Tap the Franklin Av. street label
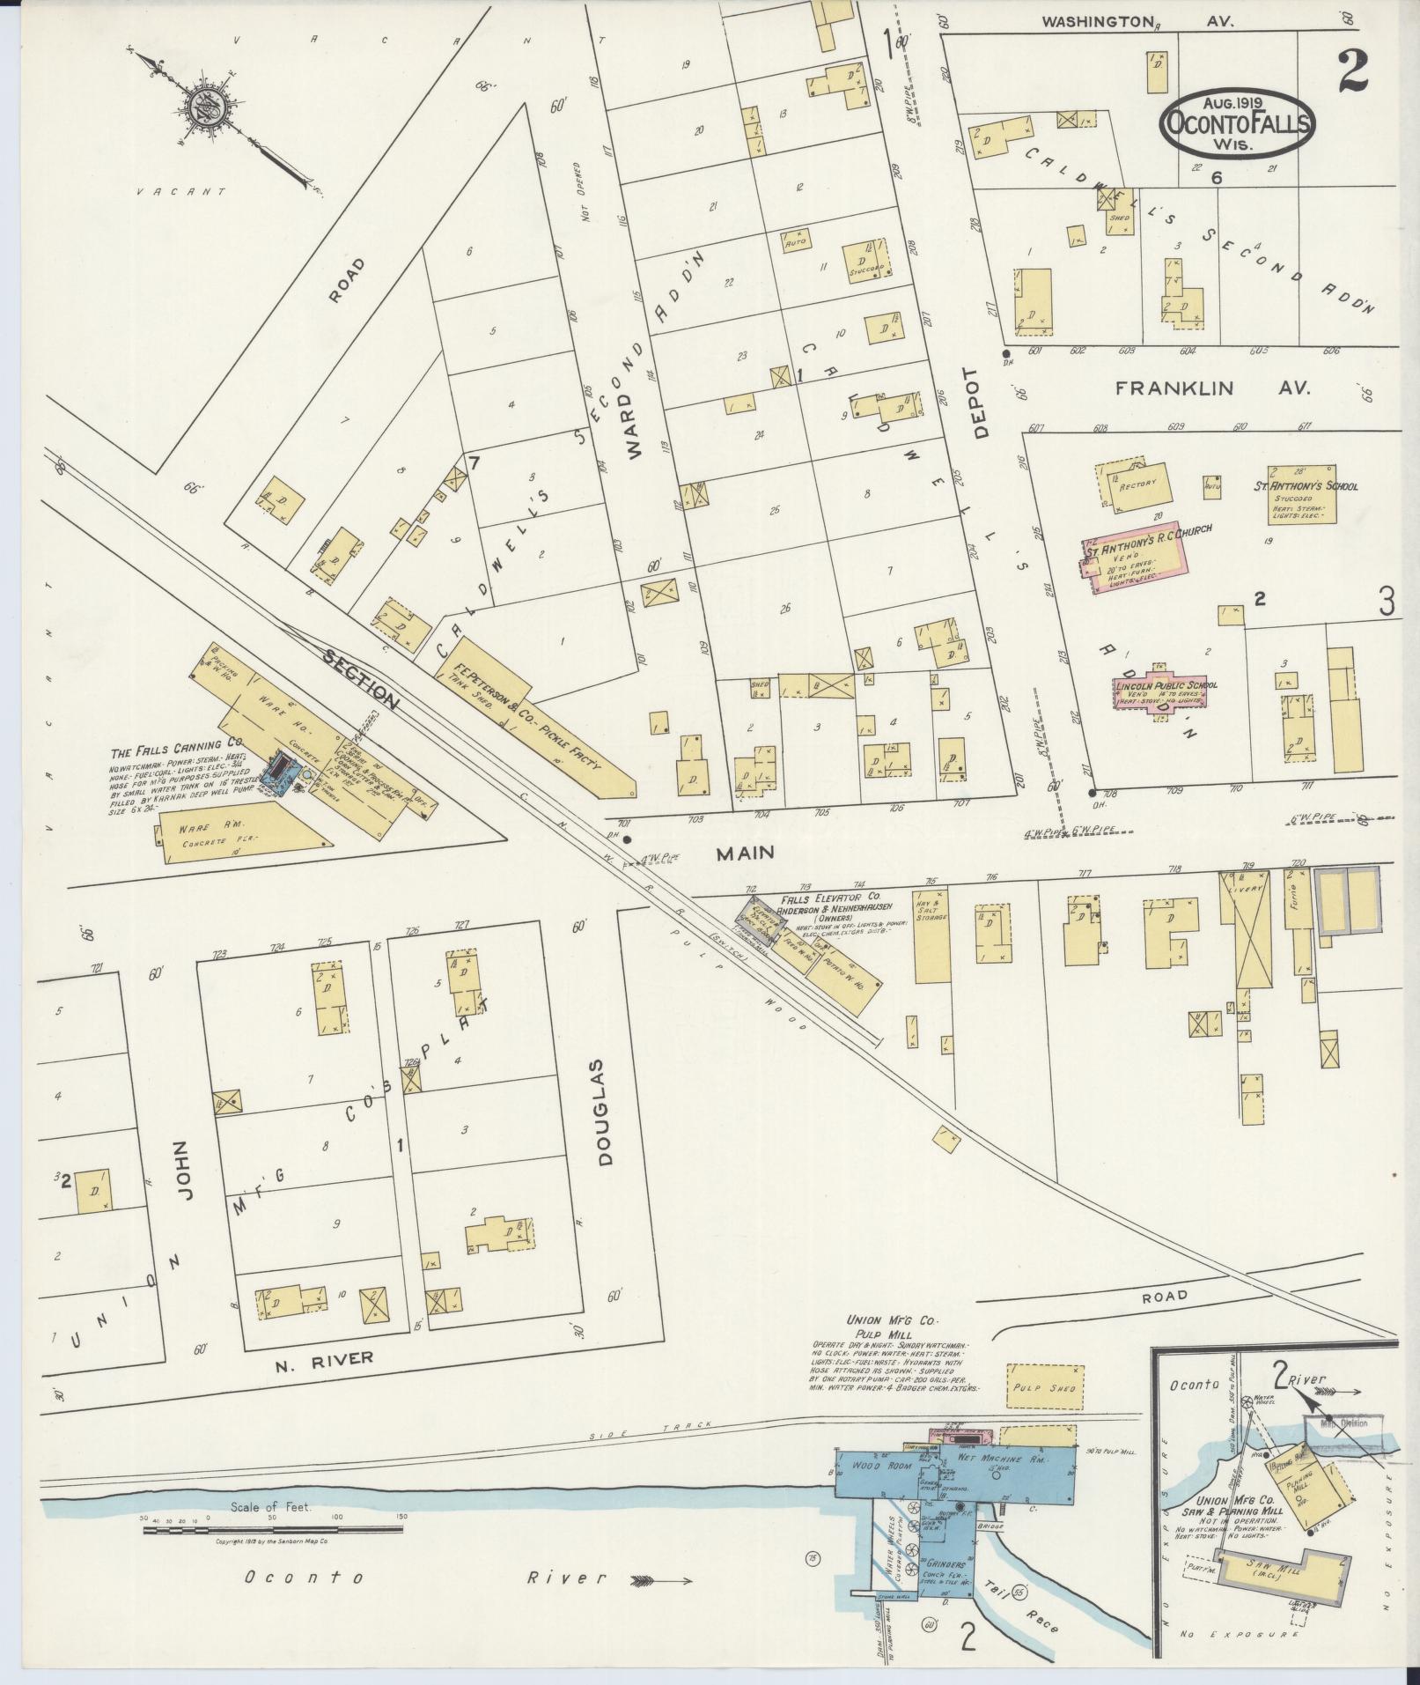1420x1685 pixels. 1212,388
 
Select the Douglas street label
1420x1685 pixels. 605,1112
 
